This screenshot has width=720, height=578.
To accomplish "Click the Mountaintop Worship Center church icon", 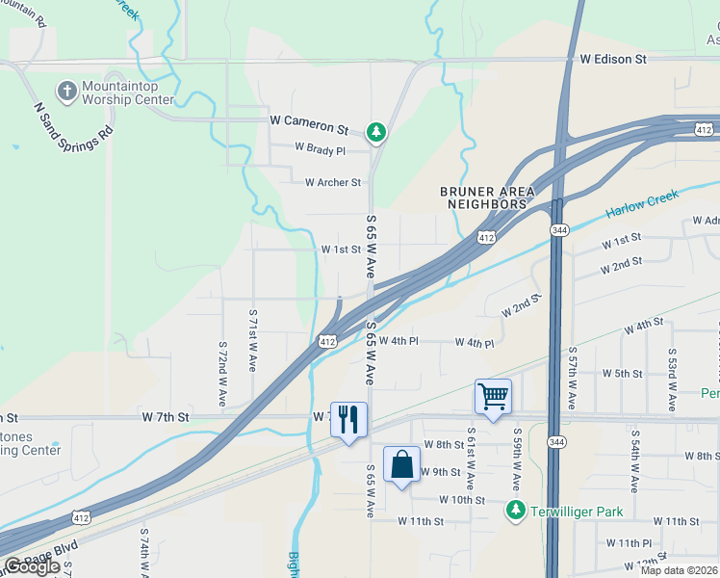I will point(66,92).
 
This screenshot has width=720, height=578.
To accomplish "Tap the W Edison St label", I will point(613,59).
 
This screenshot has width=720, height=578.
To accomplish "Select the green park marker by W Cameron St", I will point(376,131).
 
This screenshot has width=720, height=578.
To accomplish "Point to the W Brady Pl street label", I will point(320,149).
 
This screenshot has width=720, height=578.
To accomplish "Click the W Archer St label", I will point(332,182).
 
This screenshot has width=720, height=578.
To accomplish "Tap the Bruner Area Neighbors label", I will point(487,197).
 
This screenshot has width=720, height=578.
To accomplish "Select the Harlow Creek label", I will point(642,203).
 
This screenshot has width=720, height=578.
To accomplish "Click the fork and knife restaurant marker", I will point(348,419).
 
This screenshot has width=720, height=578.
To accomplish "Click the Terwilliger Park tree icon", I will point(516,509).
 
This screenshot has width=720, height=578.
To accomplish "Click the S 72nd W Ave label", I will point(222,372).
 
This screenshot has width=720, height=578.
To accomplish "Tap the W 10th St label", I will point(462,500).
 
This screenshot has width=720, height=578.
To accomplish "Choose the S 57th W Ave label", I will point(572,379).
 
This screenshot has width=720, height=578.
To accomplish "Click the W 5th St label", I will point(622,373).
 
